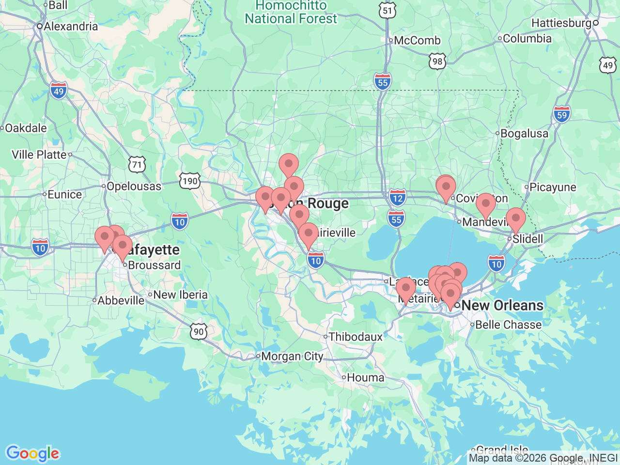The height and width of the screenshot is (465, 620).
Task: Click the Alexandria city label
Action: coord(71,26)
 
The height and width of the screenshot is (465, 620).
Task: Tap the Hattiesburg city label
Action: coord(561,23)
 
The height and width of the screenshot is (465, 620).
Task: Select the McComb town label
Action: coord(417,40)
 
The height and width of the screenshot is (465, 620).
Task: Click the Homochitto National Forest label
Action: coord(291,13)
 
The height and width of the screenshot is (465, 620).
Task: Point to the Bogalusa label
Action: coord(524,133)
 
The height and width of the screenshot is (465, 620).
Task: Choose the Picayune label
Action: coord(553,187)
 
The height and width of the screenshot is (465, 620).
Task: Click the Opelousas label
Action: coord(134,186)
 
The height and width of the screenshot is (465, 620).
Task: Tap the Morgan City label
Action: coord(292,356)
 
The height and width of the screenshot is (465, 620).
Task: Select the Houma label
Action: coord(366,377)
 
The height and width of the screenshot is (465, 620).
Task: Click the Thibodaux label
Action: coord(356,337)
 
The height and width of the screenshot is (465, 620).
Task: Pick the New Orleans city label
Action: coord(502,305)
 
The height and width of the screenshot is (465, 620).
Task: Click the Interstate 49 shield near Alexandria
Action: coord(58,91)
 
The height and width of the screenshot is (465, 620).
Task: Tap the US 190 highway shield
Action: coord(189,181)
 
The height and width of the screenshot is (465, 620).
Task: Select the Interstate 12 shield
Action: coord(398,198)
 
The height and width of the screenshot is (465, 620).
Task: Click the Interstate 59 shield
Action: coord(561,115)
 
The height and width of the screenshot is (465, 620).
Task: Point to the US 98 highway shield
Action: coord(437,62)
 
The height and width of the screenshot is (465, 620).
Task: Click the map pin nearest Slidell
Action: coord(515,218)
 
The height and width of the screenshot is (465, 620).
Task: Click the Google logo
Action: coord(32,453)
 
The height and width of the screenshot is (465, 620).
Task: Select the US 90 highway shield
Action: coord(199,332)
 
